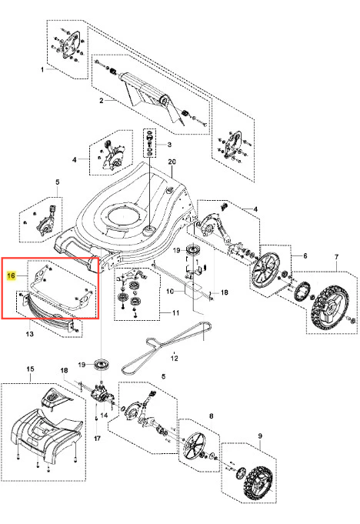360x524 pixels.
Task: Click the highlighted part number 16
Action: (11, 275)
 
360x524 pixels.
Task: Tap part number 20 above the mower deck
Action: (172, 162)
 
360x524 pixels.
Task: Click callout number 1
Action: (42, 69)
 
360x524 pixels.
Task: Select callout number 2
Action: (102, 100)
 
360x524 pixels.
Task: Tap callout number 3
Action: (169, 145)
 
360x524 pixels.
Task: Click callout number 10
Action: (170, 292)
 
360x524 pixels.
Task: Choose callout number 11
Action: (175, 313)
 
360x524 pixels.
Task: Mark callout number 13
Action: (29, 333)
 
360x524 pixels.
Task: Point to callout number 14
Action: (104, 416)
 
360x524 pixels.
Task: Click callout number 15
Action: (30, 369)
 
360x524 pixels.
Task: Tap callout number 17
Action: (97, 438)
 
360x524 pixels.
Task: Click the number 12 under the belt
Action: (175, 359)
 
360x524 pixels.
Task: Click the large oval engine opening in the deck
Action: (122, 216)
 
